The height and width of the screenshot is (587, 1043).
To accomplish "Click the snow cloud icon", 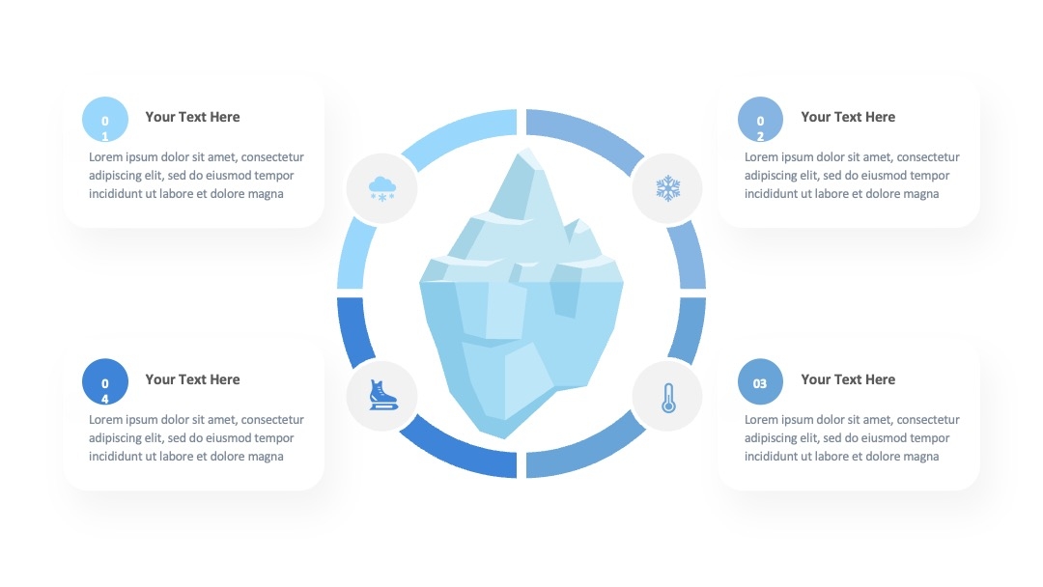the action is pyautogui.click(x=382, y=189).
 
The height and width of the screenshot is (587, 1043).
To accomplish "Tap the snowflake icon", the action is pyautogui.click(x=668, y=188).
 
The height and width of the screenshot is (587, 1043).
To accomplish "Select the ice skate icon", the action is pyautogui.click(x=383, y=395).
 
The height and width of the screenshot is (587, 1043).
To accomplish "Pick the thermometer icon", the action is pyautogui.click(x=668, y=398).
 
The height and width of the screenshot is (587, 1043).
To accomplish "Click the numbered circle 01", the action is pyautogui.click(x=105, y=119).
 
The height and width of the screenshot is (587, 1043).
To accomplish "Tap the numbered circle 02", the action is pyautogui.click(x=760, y=119).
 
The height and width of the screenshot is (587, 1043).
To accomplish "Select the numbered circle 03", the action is pyautogui.click(x=760, y=381).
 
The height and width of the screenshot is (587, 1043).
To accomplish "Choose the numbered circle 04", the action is pyautogui.click(x=105, y=381).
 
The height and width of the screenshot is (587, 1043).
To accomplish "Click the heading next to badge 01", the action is pyautogui.click(x=192, y=117).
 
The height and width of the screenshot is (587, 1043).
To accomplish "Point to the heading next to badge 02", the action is pyautogui.click(x=848, y=117).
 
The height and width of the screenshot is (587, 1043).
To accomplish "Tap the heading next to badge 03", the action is pyautogui.click(x=848, y=379).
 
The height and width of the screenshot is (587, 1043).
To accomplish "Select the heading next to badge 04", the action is pyautogui.click(x=192, y=379).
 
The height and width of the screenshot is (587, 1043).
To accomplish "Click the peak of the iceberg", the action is pyautogui.click(x=527, y=149).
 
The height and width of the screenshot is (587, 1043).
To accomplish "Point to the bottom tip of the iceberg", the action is pyautogui.click(x=503, y=438).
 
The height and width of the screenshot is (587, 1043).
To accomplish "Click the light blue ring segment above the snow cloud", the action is pyautogui.click(x=459, y=136).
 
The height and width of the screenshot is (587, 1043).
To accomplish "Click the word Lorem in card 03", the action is pyautogui.click(x=763, y=419).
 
